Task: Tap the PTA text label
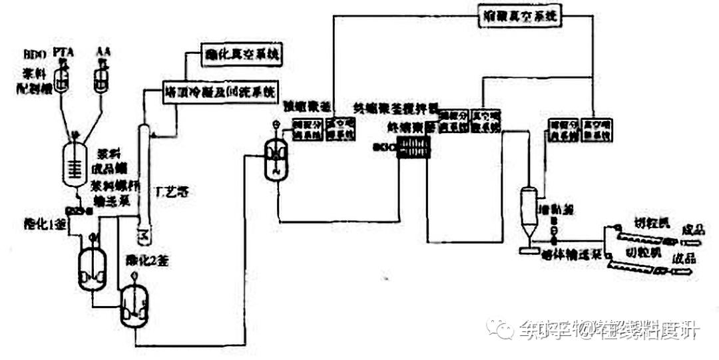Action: (x=62, y=51)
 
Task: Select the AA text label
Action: (x=103, y=51)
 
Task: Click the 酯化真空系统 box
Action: (x=240, y=57)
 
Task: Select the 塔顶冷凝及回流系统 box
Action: (x=220, y=90)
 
